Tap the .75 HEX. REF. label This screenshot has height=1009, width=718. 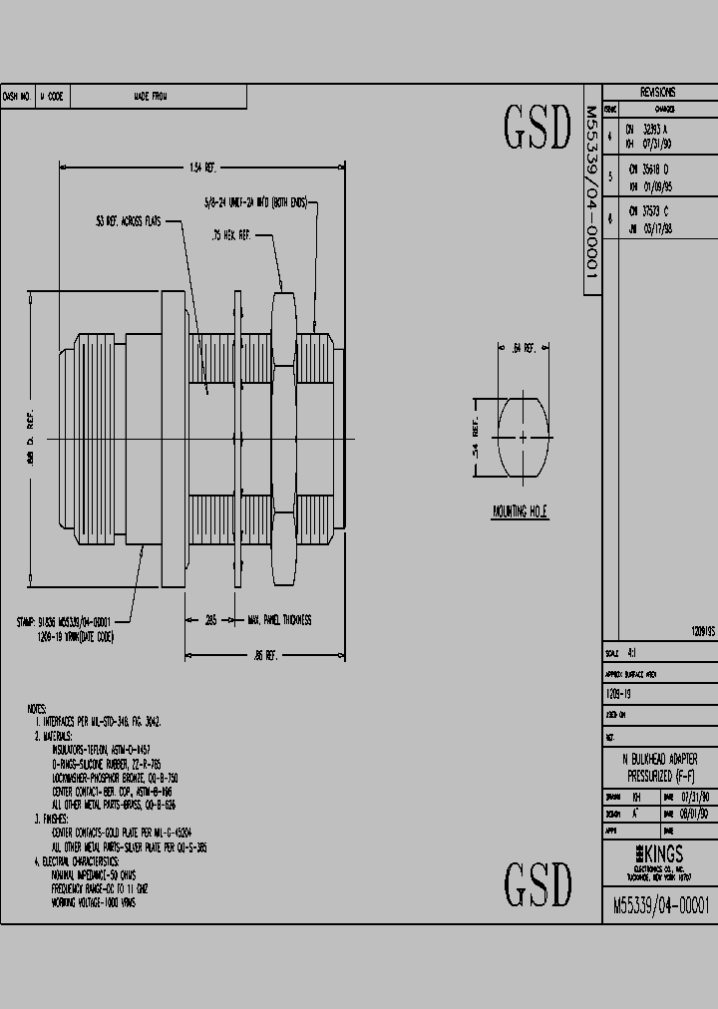pyautogui.click(x=230, y=235)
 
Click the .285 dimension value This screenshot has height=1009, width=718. pyautogui.click(x=210, y=619)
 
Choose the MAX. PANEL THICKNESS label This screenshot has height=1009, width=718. pyautogui.click(x=279, y=619)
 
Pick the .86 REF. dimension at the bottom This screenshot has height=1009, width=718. pyautogui.click(x=265, y=655)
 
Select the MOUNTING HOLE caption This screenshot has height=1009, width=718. pyautogui.click(x=521, y=511)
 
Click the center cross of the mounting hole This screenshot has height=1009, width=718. pyautogui.click(x=523, y=436)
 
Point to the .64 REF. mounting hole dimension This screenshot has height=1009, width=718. pyautogui.click(x=523, y=348)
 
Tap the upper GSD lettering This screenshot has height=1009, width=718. pyautogui.click(x=537, y=128)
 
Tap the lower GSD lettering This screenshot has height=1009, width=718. pyautogui.click(x=537, y=883)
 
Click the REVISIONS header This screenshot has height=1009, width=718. pyautogui.click(x=658, y=91)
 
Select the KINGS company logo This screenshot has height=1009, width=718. pyautogui.click(x=659, y=853)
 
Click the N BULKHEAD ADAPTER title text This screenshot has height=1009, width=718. pyautogui.click(x=659, y=759)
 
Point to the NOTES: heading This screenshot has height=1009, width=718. pyautogui.click(x=38, y=707)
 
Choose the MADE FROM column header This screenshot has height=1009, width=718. pyautogui.click(x=151, y=96)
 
